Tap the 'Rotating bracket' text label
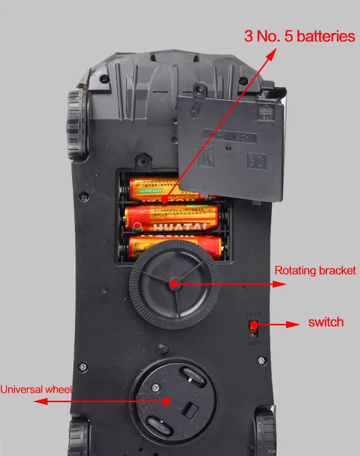pyautogui.click(x=315, y=270)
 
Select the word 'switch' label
pyautogui.click(x=326, y=321)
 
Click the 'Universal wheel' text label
pyautogui.click(x=36, y=389)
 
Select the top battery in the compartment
pyautogui.click(x=154, y=189)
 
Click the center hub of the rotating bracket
pyautogui.click(x=173, y=283)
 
